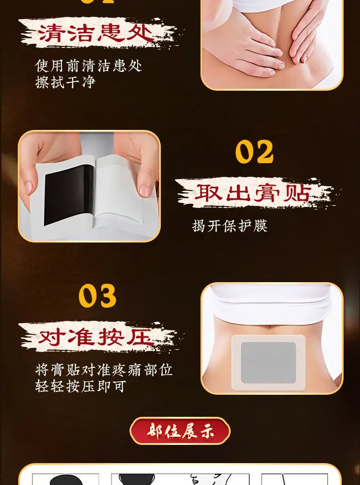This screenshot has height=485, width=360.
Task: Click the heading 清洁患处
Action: (x=96, y=33)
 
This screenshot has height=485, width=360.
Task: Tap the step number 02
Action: (x=254, y=151)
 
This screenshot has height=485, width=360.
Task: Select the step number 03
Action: (x=98, y=296)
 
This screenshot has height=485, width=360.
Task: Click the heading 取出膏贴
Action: (x=252, y=193)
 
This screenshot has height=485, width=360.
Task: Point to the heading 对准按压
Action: (x=96, y=337)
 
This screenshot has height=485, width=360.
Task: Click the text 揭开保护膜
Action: (x=230, y=226)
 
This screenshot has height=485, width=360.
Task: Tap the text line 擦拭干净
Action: (x=65, y=82)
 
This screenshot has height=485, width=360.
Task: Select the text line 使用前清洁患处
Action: (x=88, y=66)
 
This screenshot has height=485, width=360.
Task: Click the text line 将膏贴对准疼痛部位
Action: (x=103, y=370)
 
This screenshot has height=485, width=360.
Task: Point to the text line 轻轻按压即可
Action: (x=80, y=387)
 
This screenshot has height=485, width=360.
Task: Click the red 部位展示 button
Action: (x=180, y=431)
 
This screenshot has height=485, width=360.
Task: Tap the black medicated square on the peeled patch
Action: (x=69, y=195)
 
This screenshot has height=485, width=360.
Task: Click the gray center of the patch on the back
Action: (x=268, y=362)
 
